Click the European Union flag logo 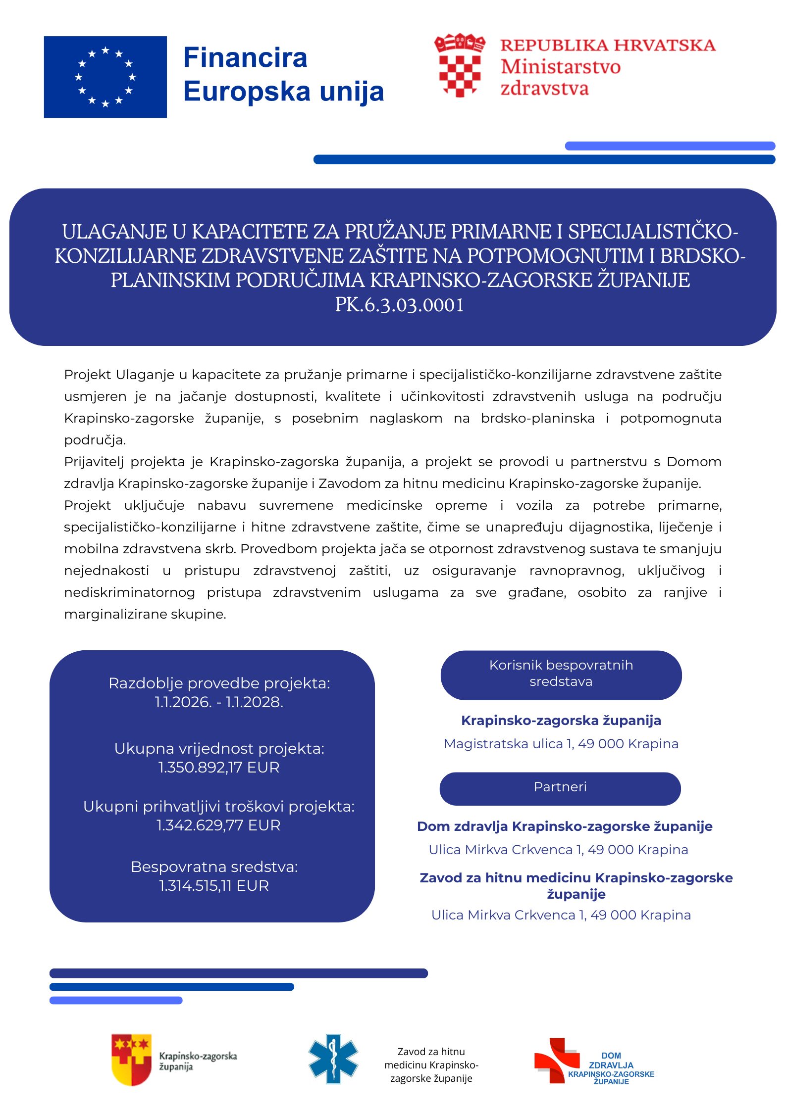point(105,77)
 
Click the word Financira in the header point(245,57)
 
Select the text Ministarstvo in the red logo point(560,67)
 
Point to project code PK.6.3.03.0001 point(399,305)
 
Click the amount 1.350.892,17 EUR point(219,767)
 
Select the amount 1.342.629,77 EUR point(218,825)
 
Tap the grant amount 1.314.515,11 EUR point(214,885)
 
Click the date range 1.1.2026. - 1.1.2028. point(219,702)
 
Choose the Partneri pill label point(560,787)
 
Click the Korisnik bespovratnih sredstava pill point(561,674)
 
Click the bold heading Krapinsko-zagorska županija point(561,721)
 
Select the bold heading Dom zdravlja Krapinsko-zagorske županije point(565,826)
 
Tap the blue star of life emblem point(333,1059)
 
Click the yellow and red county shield point(132,1059)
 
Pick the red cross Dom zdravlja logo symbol point(556,1059)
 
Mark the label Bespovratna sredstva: point(214,867)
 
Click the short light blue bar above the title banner point(670,146)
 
